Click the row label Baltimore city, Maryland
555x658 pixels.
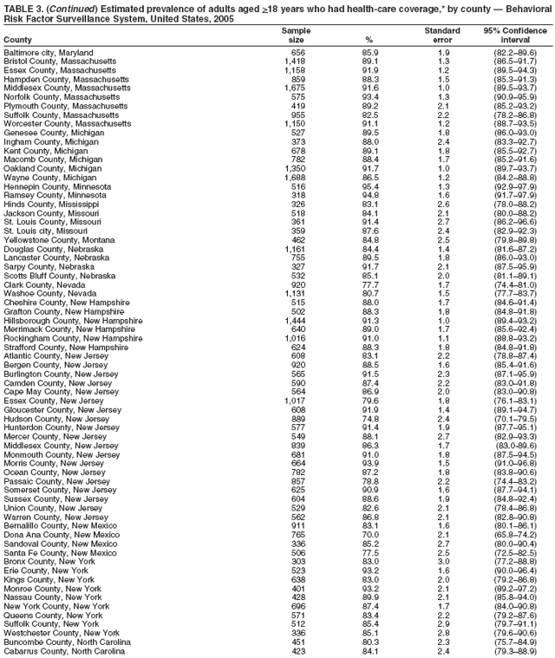tap(48, 53)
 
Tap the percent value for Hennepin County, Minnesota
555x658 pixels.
tap(370, 186)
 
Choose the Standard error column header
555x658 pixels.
tap(443, 36)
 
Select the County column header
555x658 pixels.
tap(18, 41)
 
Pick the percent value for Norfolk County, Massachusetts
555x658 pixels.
tap(370, 96)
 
